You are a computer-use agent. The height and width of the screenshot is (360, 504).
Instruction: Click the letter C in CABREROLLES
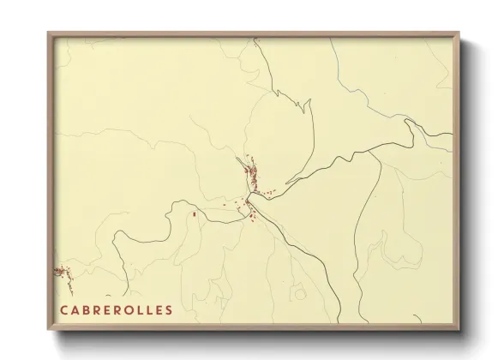click(63, 310)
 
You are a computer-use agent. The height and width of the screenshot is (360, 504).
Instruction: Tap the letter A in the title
click(75, 310)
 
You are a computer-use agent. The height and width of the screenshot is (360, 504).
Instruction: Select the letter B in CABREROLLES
click(87, 310)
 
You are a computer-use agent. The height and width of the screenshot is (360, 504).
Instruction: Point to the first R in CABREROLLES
click(98, 310)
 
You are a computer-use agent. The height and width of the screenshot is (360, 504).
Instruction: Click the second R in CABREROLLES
click(119, 310)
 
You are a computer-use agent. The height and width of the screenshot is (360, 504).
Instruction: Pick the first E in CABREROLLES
click(109, 310)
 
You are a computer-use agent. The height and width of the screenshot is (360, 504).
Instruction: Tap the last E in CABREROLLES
click(159, 310)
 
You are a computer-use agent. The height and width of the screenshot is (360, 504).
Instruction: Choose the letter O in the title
click(130, 310)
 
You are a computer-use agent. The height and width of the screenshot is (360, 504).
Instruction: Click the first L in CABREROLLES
click(141, 310)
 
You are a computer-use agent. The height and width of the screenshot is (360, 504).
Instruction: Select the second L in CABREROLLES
click(150, 310)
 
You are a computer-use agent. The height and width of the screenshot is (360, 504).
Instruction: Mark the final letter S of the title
click(169, 310)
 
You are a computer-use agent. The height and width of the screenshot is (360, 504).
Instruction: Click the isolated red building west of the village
click(195, 213)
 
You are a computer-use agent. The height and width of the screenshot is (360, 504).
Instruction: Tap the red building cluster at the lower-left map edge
click(60, 272)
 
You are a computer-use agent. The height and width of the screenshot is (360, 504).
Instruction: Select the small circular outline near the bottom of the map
click(300, 295)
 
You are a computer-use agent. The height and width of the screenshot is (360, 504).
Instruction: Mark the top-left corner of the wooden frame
click(49, 34)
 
